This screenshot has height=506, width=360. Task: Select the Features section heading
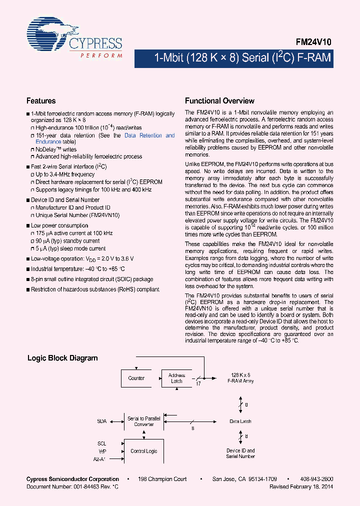[41, 100]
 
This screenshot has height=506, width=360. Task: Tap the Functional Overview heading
[219, 100]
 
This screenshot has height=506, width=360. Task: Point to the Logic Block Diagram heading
[62, 358]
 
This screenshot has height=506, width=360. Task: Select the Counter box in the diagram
[136, 378]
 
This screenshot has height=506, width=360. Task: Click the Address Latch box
[176, 378]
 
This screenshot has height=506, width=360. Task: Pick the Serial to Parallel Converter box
[144, 421]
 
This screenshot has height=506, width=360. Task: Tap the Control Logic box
[144, 451]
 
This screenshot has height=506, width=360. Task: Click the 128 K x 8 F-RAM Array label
[240, 377]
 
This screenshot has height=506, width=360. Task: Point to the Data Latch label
[240, 421]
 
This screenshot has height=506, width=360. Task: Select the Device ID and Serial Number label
[240, 453]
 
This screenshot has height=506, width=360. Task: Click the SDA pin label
[102, 421]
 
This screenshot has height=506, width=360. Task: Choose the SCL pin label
[102, 443]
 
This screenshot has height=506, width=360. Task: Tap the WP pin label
[102, 451]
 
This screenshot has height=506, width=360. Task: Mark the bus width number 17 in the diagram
[198, 384]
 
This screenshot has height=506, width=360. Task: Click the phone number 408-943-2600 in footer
[317, 479]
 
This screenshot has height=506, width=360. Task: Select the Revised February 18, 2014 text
[301, 486]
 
